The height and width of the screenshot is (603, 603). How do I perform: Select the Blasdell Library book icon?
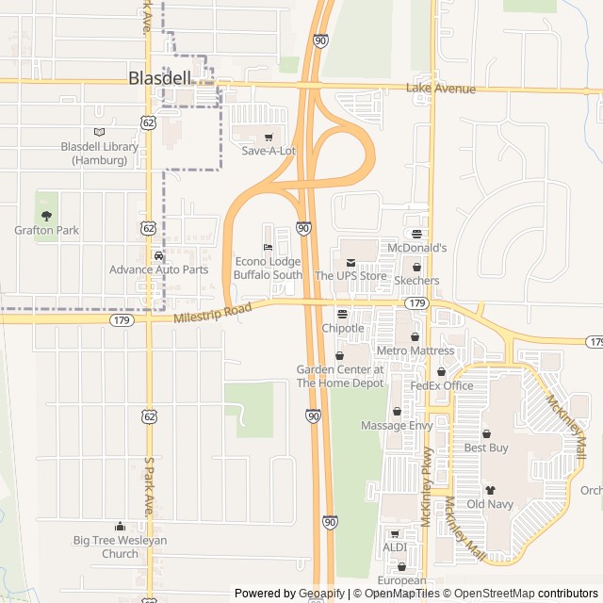pyautogui.click(x=100, y=132)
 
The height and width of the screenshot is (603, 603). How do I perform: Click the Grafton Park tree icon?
pyautogui.click(x=46, y=216)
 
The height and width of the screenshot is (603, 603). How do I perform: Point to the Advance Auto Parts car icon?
pyautogui.click(x=158, y=255)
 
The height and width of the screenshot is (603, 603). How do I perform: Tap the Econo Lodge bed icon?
pyautogui.click(x=268, y=247)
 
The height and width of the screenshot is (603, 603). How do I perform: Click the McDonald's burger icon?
pyautogui.click(x=416, y=234)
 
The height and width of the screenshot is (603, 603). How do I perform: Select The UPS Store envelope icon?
pyautogui.click(x=350, y=262)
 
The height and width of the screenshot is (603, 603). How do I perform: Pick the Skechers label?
pyautogui.click(x=416, y=281)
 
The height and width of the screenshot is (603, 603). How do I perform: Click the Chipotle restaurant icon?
pyautogui.click(x=342, y=314)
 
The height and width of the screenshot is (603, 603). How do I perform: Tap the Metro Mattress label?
pyautogui.click(x=416, y=350)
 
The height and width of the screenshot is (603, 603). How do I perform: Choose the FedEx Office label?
pyautogui.click(x=441, y=385)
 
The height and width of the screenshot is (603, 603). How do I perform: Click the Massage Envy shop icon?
pyautogui.click(x=397, y=412)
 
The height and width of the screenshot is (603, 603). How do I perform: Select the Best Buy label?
pyautogui.click(x=486, y=448)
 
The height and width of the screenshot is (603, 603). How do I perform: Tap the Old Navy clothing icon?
pyautogui.click(x=490, y=490)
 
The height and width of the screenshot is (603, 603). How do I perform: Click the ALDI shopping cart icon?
pyautogui.click(x=395, y=533)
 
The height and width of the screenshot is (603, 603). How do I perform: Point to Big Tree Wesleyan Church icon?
pyautogui.click(x=120, y=526)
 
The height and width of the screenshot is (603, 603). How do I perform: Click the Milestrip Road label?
pyautogui.click(x=213, y=313)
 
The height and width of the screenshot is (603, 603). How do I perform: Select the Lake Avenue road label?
pyautogui.click(x=441, y=89)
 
